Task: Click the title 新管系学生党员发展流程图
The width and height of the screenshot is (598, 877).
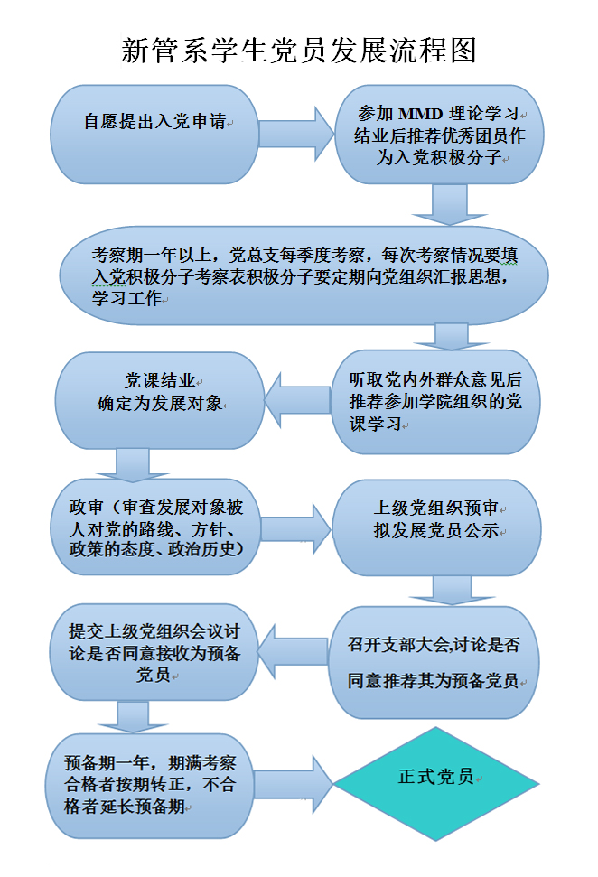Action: tap(299, 50)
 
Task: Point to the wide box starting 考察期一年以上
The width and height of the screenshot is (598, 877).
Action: tap(304, 275)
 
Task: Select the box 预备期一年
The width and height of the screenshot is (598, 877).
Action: tap(151, 783)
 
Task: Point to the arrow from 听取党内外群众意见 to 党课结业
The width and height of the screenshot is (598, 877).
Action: tap(294, 401)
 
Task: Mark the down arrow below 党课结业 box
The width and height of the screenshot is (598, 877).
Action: tap(132, 463)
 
